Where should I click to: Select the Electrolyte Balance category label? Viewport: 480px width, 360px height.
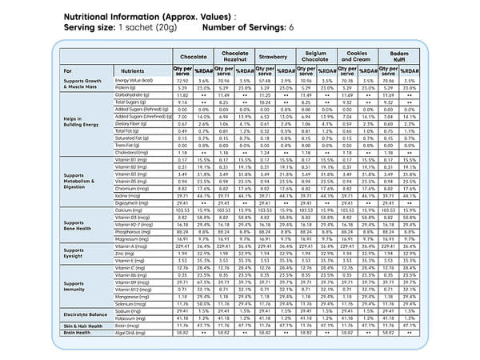(x=86, y=315)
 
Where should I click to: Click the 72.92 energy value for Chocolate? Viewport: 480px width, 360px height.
(x=182, y=81)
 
